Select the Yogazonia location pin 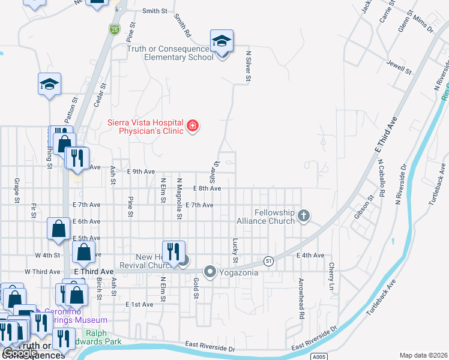[x=210, y=272]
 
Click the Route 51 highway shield [x=268, y=260]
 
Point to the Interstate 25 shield [x=114, y=28]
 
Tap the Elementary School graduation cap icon [x=221, y=41]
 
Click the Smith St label [x=155, y=11]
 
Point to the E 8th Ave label [x=207, y=188]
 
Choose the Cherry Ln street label [x=330, y=274]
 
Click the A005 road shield [x=320, y=356]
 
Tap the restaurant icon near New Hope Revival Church [x=173, y=251]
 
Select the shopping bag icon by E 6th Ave [x=58, y=228]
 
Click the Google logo [x=19, y=353]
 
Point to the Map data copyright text [x=424, y=355]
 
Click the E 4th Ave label [x=310, y=255]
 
